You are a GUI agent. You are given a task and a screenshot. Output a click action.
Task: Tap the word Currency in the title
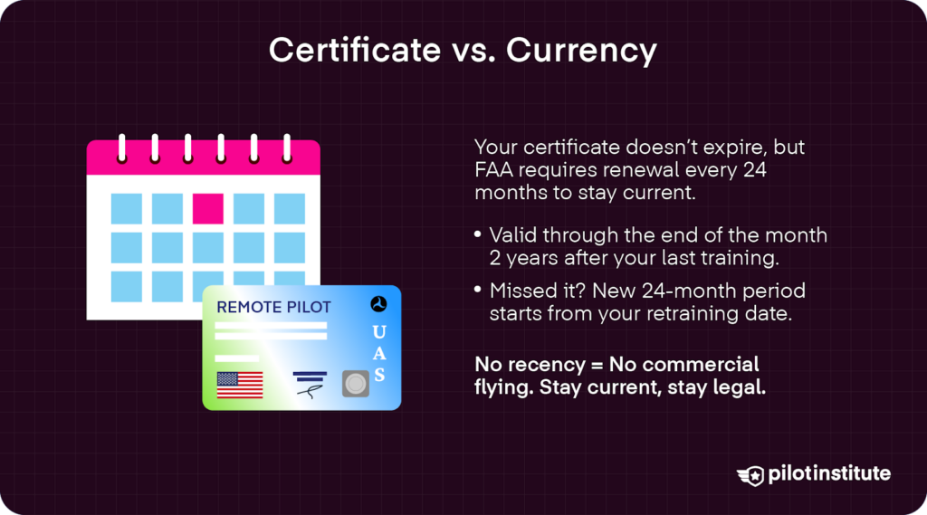(581, 51)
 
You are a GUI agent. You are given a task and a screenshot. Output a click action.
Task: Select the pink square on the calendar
(207, 208)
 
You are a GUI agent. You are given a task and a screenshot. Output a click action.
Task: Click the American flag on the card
(240, 385)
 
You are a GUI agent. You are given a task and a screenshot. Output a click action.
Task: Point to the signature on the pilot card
(311, 390)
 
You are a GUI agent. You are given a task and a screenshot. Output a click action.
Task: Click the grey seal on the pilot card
(356, 384)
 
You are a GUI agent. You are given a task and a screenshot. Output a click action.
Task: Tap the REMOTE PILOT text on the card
(273, 308)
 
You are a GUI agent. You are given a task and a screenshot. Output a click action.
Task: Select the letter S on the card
(379, 374)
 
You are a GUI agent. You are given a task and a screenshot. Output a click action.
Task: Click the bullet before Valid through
(478, 236)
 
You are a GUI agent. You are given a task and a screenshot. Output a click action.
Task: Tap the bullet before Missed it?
(478, 292)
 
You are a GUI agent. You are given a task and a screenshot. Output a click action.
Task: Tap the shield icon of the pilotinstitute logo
(750, 474)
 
